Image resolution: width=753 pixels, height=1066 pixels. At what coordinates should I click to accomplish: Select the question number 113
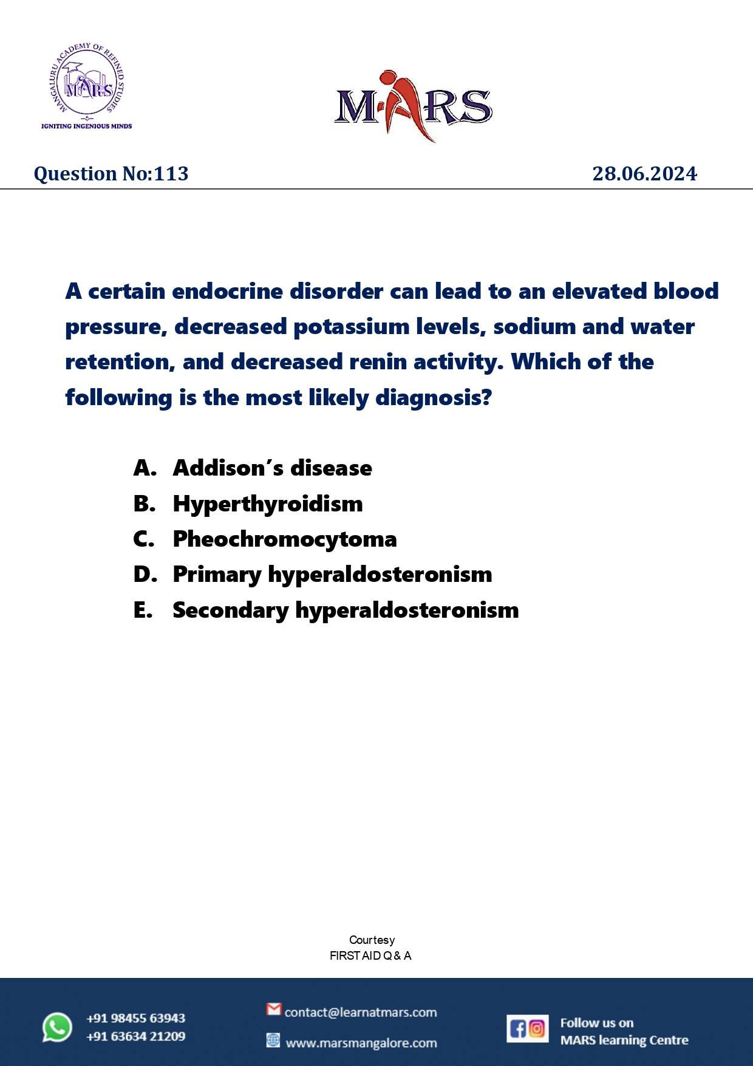tap(171, 174)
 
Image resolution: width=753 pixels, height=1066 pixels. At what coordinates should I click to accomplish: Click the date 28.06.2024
tap(644, 174)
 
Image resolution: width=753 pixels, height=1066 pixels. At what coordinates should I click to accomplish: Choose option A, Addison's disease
tap(272, 468)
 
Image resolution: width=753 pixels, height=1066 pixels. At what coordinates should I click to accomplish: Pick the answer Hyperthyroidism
tap(268, 504)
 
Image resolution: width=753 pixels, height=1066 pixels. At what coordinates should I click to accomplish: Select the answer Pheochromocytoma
tap(284, 539)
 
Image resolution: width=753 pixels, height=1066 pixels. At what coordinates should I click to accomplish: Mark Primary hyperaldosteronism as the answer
tap(332, 575)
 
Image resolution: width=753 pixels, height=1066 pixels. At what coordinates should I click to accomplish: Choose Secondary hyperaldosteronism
tap(346, 610)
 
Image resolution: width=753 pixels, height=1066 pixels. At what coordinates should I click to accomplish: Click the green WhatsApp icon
tap(57, 1027)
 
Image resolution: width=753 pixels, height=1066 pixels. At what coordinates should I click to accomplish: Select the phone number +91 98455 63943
tap(135, 1018)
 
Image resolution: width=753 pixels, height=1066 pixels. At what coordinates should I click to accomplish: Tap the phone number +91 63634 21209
tap(135, 1036)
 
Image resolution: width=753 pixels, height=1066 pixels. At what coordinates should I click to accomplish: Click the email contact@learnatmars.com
tap(360, 1013)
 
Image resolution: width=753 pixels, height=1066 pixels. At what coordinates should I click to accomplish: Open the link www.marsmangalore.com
tap(361, 1043)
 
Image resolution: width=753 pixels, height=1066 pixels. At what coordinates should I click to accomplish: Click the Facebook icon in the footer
tap(517, 1028)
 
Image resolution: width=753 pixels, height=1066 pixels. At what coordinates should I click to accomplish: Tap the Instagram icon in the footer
tap(537, 1028)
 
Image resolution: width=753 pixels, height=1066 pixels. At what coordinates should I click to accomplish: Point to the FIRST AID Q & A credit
tap(370, 955)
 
